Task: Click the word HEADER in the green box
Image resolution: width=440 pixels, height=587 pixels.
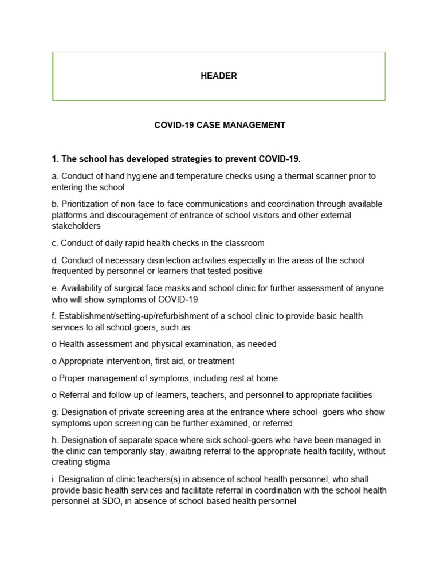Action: tap(218, 76)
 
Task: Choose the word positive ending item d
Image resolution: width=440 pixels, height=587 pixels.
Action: tap(245, 271)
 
